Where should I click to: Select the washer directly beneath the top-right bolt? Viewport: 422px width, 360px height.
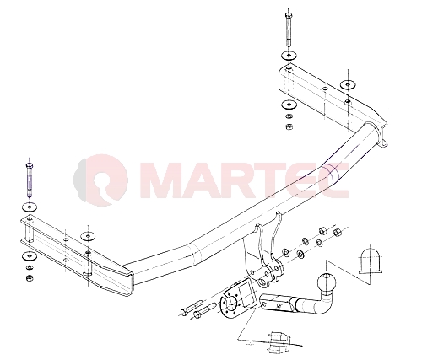(289, 56)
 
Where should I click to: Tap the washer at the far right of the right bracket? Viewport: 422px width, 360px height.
(348, 84)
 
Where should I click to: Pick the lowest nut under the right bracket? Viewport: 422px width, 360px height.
(289, 126)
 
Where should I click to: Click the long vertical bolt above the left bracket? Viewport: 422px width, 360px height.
(30, 180)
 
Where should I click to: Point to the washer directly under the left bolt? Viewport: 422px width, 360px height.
(30, 207)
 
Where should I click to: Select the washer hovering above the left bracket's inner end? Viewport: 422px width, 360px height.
(88, 236)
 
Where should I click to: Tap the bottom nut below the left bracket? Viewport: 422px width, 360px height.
(29, 278)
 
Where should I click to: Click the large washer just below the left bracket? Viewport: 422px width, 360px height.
(30, 256)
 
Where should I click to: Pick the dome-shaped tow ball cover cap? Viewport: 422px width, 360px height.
(371, 261)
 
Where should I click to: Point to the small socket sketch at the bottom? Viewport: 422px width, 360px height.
(279, 341)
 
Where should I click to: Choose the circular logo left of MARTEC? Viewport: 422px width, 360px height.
(101, 179)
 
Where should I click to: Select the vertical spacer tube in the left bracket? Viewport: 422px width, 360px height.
(88, 264)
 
